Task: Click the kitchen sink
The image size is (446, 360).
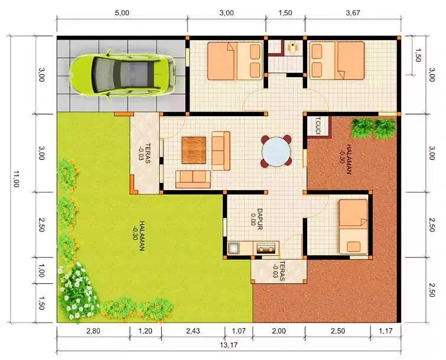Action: pos(234,248)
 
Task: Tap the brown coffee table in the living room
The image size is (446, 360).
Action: pos(194,150)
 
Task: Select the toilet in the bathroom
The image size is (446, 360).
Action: pos(292,47)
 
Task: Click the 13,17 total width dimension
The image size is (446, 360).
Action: pos(229,345)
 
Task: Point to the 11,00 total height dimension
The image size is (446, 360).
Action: pos(15,179)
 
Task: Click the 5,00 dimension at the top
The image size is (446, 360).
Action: pos(122,13)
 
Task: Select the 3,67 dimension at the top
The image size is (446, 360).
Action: pos(353,13)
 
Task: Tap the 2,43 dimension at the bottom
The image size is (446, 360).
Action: pos(193,330)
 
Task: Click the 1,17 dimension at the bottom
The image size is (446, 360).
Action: pos(386,330)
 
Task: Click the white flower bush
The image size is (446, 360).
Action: pos(77,293)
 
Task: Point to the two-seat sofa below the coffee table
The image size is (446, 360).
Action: pos(193,179)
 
